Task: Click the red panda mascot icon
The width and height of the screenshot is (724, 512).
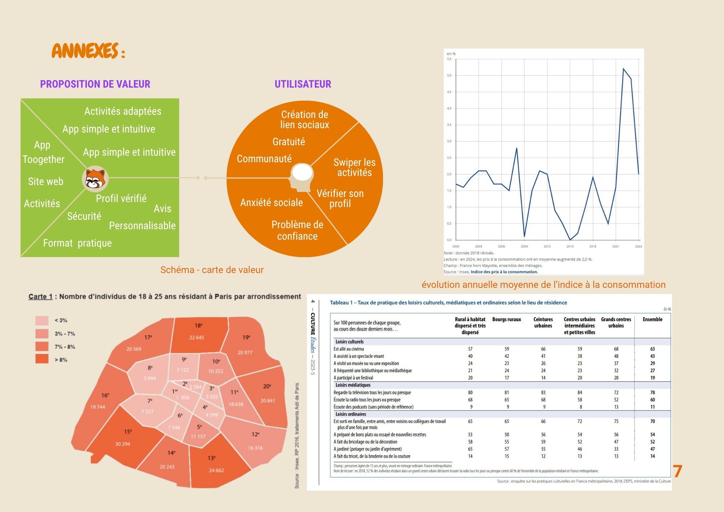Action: [x=96, y=178]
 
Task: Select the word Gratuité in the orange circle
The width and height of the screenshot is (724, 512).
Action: [x=289, y=142]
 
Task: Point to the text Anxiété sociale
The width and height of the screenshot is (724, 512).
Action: [x=271, y=202]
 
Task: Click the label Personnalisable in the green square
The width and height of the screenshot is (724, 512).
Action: [x=142, y=226]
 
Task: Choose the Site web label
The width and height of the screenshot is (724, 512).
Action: [x=46, y=181]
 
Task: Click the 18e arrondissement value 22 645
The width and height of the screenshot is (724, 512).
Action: [x=197, y=337]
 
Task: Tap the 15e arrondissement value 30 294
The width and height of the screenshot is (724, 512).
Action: [x=122, y=444]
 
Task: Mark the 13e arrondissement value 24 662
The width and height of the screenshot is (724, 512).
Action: [x=216, y=470]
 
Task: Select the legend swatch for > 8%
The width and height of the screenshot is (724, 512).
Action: [x=42, y=359]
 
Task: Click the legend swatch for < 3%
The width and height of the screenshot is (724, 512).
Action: [x=42, y=320]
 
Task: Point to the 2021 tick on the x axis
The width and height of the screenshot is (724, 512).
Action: [x=615, y=246]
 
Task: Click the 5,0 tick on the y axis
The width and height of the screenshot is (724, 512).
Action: [x=449, y=75]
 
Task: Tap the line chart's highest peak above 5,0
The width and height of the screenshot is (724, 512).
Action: [x=623, y=68]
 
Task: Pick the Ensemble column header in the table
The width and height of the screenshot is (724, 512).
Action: [x=652, y=319]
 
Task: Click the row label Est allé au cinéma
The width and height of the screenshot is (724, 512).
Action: [x=349, y=349]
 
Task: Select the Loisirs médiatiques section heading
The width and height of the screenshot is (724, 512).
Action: [x=353, y=385]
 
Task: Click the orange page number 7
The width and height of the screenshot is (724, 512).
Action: [x=677, y=471]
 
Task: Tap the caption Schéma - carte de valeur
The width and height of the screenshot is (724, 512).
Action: [x=212, y=270]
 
